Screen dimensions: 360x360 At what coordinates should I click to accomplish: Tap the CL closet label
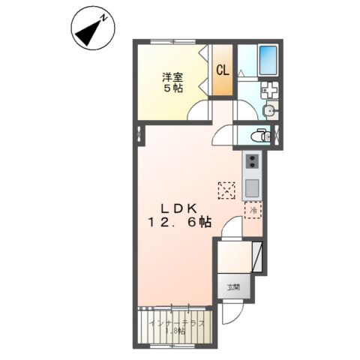click(x=222, y=70)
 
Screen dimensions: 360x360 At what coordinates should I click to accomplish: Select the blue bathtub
click(x=268, y=60)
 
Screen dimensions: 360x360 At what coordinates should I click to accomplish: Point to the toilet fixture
click(x=259, y=136)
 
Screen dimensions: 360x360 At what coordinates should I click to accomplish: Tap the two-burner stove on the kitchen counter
click(x=251, y=161)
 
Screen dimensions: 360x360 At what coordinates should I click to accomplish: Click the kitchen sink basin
click(x=251, y=187)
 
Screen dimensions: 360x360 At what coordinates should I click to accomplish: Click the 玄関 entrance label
click(x=233, y=286)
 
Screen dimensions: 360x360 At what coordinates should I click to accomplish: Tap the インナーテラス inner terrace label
click(x=174, y=326)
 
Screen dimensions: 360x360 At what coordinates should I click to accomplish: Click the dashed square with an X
click(x=226, y=190)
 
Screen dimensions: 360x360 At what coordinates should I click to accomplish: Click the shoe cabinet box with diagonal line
click(x=257, y=258)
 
